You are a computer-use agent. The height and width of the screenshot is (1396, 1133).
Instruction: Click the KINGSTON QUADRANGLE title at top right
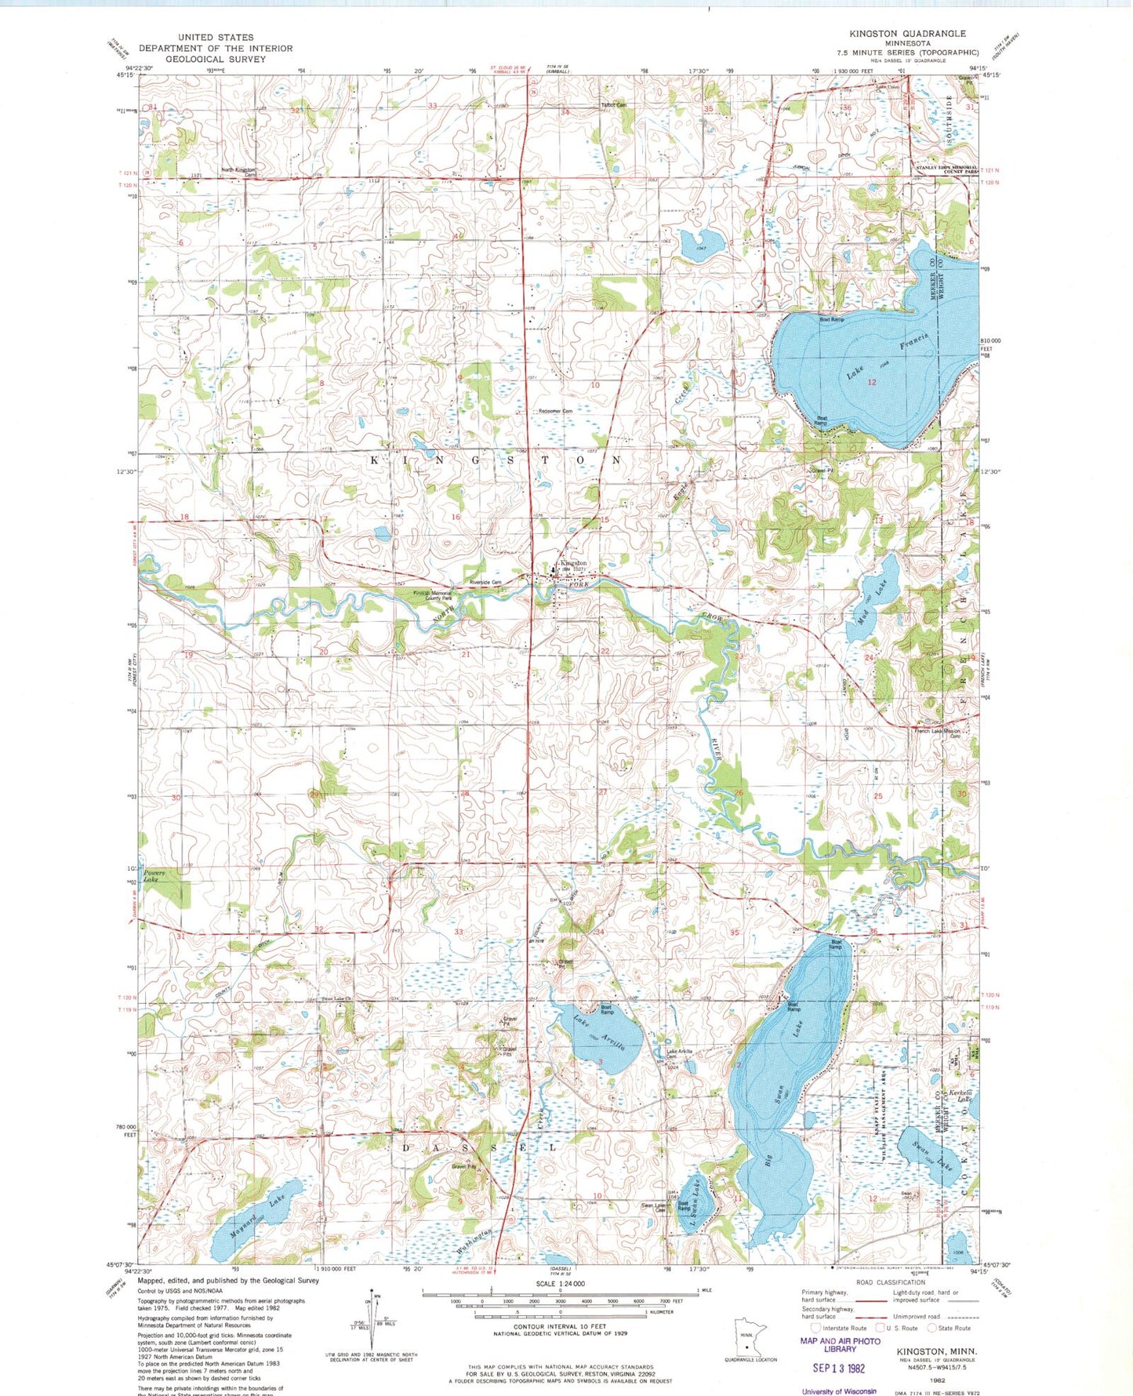pyautogui.click(x=907, y=34)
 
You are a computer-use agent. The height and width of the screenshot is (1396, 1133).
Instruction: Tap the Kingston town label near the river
pyautogui.click(x=573, y=563)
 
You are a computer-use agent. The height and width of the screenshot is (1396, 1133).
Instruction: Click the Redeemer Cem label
pyautogui.click(x=555, y=411)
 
